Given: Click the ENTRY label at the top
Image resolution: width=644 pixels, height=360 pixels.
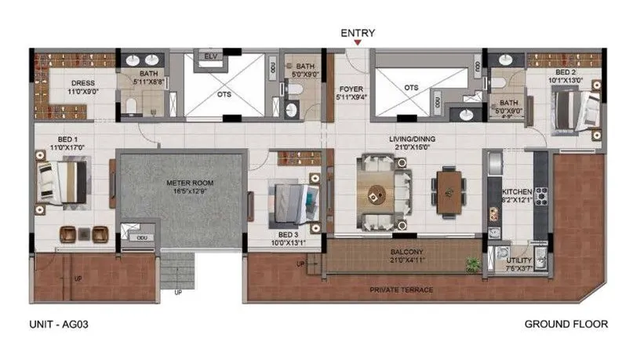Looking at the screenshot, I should pyautogui.click(x=358, y=33).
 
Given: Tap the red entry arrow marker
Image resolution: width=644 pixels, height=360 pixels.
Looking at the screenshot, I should pyautogui.click(x=358, y=45).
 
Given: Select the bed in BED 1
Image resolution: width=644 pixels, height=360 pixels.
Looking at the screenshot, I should pyautogui.click(x=63, y=181).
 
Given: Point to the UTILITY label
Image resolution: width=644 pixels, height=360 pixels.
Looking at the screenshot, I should pyautogui.click(x=519, y=259).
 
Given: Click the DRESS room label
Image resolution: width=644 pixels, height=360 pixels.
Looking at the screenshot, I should pyautogui.click(x=83, y=83).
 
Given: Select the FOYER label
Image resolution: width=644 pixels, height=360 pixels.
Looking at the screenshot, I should pyautogui.click(x=349, y=89).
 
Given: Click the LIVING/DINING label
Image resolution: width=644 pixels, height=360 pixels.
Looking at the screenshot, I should pyautogui.click(x=413, y=140).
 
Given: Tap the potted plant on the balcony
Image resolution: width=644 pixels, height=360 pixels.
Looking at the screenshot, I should pyautogui.click(x=472, y=262).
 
